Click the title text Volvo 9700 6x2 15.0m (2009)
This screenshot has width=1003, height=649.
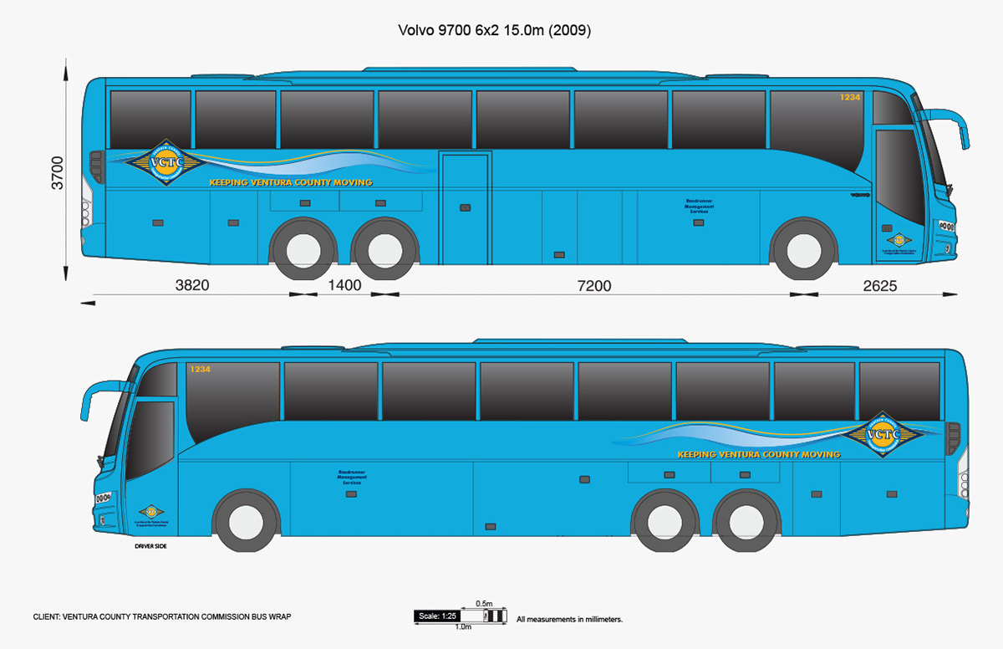pos(494,31)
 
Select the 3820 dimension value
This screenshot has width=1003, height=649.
pos(192,285)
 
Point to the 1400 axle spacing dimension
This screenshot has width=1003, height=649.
pos(344,285)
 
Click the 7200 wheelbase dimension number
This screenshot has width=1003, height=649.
pos(594,285)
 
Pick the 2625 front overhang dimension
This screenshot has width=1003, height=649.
pos(879,285)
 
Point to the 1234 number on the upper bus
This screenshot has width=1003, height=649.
pos(850,98)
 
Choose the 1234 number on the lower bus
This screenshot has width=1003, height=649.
pos(199,369)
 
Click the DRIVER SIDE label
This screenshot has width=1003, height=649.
pos(151,545)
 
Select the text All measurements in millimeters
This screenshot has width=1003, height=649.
pos(569,620)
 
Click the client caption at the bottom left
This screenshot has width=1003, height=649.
pos(162,616)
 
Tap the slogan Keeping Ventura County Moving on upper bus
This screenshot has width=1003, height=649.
pos(290,182)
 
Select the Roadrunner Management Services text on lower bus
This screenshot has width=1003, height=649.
pos(352,478)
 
